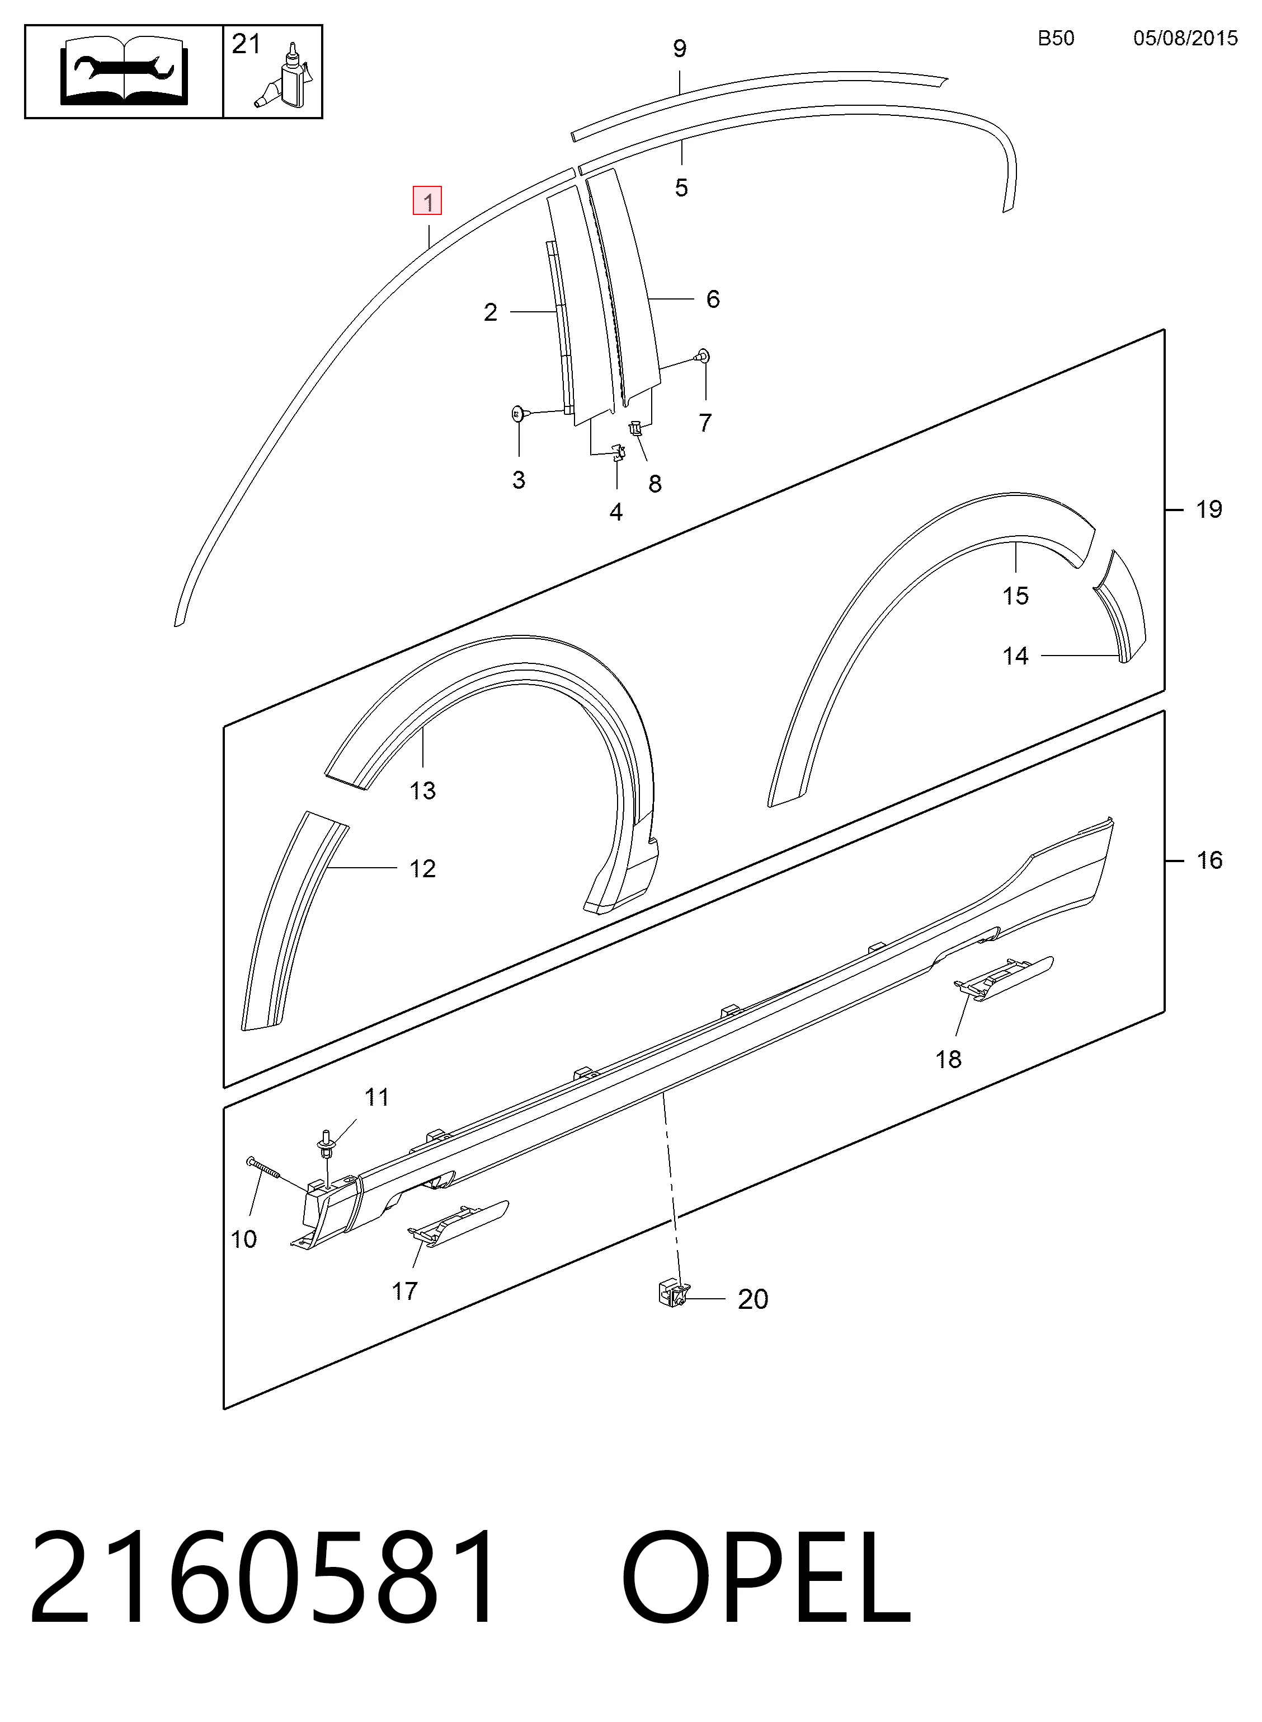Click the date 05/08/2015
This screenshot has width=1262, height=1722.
click(x=1185, y=38)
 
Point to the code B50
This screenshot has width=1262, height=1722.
click(x=1056, y=38)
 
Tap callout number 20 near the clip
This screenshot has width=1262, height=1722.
click(x=752, y=1299)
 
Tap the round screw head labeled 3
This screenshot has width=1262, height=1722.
click(x=518, y=414)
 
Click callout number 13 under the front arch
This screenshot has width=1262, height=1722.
click(x=422, y=789)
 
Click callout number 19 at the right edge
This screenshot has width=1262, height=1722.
click(x=1208, y=509)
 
